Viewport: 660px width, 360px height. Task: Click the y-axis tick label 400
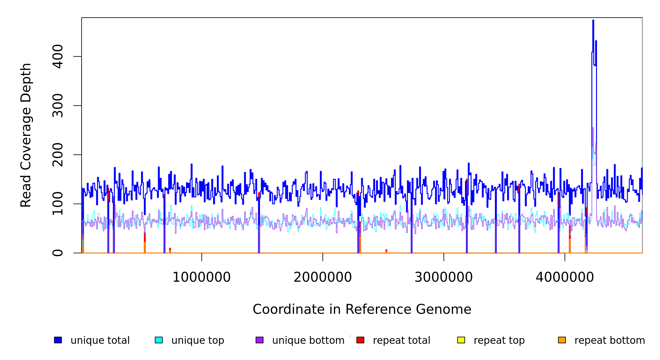pos(58,56)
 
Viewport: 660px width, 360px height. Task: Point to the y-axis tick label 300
pos(58,106)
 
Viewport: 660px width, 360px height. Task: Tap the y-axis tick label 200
pos(58,155)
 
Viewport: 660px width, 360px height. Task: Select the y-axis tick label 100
pos(58,204)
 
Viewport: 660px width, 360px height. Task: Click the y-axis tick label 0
pos(58,253)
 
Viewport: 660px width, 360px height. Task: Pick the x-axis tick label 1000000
pos(201,277)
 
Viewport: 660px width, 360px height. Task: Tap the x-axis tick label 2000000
pos(322,277)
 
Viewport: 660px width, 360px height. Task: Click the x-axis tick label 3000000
pos(443,277)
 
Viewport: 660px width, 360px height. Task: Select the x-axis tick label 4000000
pos(565,277)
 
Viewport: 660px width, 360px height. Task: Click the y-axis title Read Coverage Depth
pos(26,135)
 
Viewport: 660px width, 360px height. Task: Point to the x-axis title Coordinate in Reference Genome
pos(362,309)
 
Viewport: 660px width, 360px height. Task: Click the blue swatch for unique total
pos(58,340)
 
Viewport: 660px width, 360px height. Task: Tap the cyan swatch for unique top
pos(159,340)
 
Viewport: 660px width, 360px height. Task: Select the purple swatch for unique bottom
pos(259,340)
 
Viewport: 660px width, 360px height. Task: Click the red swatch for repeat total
pos(360,340)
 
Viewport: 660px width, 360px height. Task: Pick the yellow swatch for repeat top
pos(461,340)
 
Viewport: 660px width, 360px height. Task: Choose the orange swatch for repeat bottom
pos(562,340)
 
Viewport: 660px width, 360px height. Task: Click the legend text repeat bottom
pos(610,340)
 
